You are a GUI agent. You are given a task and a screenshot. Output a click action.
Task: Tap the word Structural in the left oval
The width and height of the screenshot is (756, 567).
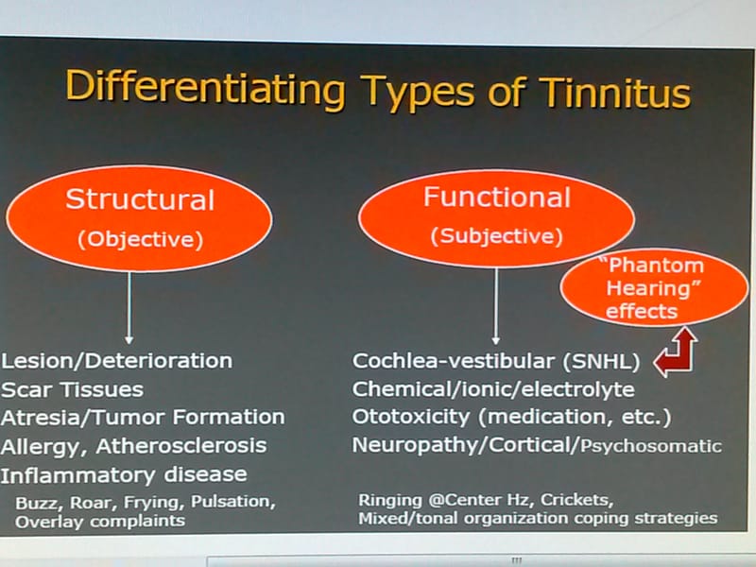[140, 200]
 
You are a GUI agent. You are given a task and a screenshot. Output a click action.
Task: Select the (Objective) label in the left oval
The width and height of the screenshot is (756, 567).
[140, 239]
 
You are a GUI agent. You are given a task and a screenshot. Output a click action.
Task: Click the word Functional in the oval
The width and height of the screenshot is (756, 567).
[496, 198]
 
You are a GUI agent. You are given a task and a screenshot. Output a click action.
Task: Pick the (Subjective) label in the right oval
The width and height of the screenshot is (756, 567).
[496, 236]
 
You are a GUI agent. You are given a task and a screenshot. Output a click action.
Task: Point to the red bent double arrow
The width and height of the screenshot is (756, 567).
[677, 352]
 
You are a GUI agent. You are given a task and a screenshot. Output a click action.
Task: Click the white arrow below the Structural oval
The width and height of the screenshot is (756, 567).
[129, 306]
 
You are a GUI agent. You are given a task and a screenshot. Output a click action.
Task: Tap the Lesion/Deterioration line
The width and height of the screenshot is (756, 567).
[117, 360]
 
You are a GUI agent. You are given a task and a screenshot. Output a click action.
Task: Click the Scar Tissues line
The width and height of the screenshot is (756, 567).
[73, 388]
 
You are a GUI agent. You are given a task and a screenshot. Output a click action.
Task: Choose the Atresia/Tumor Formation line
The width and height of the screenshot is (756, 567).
[143, 417]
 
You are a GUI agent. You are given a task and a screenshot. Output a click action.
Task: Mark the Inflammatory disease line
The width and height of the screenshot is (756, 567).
[125, 473]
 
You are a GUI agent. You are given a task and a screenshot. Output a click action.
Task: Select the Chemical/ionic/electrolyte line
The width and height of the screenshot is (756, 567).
[493, 388]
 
